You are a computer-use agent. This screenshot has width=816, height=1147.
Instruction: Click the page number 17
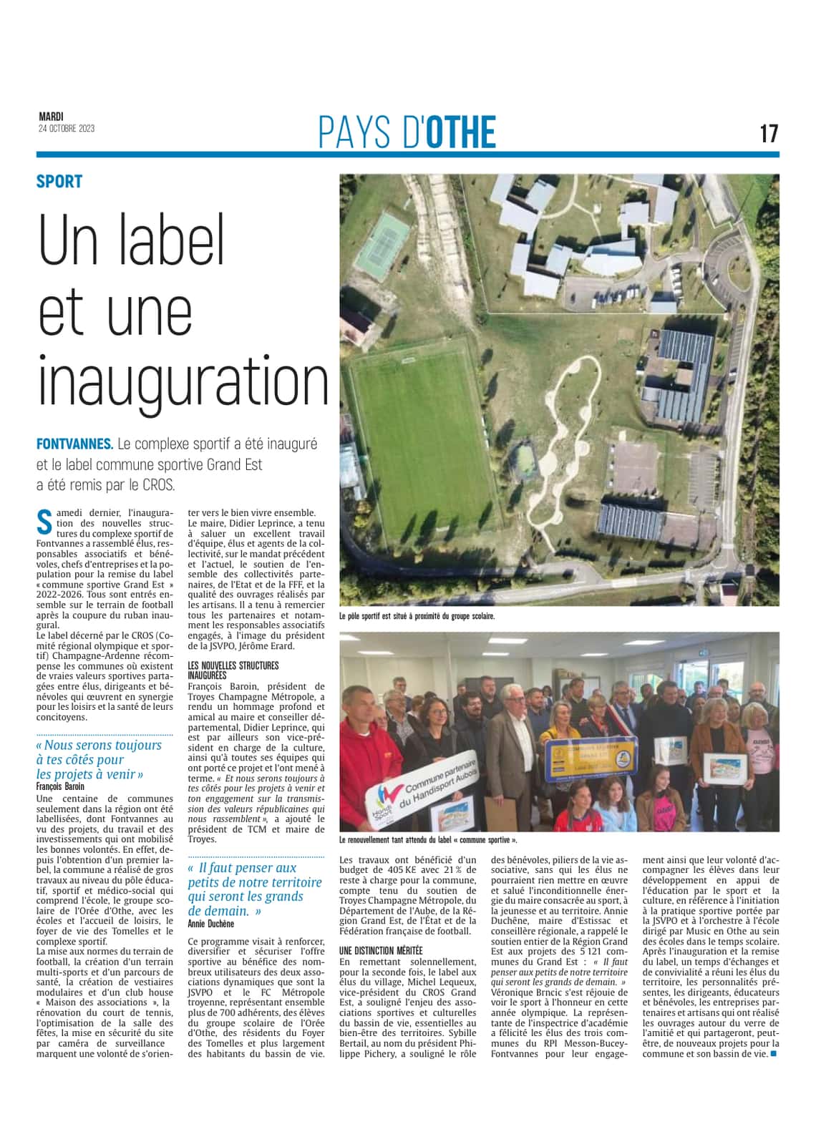pyautogui.click(x=769, y=133)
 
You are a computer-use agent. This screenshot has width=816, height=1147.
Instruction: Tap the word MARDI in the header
pyautogui.click(x=51, y=117)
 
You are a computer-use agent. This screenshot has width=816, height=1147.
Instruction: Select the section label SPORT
pyautogui.click(x=59, y=182)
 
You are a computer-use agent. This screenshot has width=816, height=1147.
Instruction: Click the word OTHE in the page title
pyautogui.click(x=460, y=132)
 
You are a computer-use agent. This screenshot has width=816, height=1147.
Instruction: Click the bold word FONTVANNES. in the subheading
pyautogui.click(x=75, y=444)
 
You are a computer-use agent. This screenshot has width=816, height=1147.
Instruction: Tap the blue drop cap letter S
pyautogui.click(x=44, y=522)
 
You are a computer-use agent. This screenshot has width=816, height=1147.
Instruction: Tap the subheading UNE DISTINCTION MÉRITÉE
pyautogui.click(x=381, y=950)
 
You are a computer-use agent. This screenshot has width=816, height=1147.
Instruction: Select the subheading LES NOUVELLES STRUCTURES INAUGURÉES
pyautogui.click(x=233, y=670)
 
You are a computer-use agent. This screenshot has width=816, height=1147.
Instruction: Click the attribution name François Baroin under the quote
pyautogui.click(x=60, y=786)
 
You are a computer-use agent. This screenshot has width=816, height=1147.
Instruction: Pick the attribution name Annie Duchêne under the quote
pyautogui.click(x=211, y=924)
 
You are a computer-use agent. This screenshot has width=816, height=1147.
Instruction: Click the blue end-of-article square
pyautogui.click(x=773, y=1053)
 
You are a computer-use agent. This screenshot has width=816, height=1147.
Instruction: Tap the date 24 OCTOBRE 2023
pyautogui.click(x=67, y=129)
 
